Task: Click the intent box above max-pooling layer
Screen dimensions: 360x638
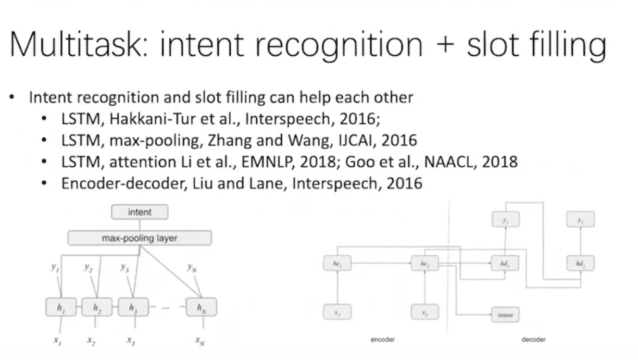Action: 140,212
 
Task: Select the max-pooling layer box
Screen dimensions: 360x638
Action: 140,238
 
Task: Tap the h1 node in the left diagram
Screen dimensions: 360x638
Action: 61,308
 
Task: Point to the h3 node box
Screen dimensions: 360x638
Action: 133,308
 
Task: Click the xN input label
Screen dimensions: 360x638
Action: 200,341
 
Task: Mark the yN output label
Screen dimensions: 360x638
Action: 192,268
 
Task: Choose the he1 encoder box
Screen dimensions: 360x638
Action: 337,264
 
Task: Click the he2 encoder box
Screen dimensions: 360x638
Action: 424,264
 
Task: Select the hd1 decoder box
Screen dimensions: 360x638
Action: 505,264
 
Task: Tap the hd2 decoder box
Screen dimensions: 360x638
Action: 580,264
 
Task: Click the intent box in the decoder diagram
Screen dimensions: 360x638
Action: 505,315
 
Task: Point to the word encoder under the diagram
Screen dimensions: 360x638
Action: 383,340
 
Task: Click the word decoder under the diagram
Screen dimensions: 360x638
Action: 533,340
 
